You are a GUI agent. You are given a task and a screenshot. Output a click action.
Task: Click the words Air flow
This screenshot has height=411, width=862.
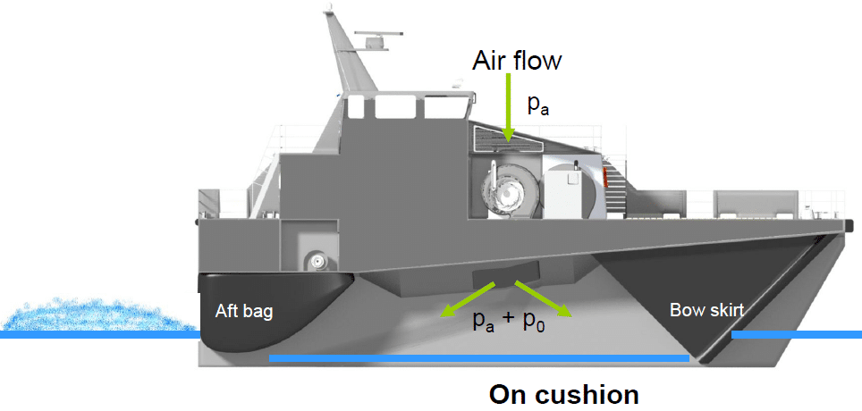click(x=518, y=60)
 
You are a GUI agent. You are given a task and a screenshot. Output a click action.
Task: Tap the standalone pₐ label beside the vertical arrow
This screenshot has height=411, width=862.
click(x=538, y=104)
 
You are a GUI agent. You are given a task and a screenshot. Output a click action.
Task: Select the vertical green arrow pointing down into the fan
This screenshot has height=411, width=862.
click(x=507, y=107)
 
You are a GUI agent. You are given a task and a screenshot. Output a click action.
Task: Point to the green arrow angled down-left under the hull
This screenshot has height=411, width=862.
click(x=468, y=298)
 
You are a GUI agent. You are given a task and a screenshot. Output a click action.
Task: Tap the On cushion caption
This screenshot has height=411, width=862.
click(x=564, y=394)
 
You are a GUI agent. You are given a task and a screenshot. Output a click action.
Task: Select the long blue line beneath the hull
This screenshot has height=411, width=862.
click(x=478, y=359)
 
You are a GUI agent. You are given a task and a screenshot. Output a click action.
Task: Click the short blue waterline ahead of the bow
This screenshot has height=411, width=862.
click(x=796, y=335)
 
